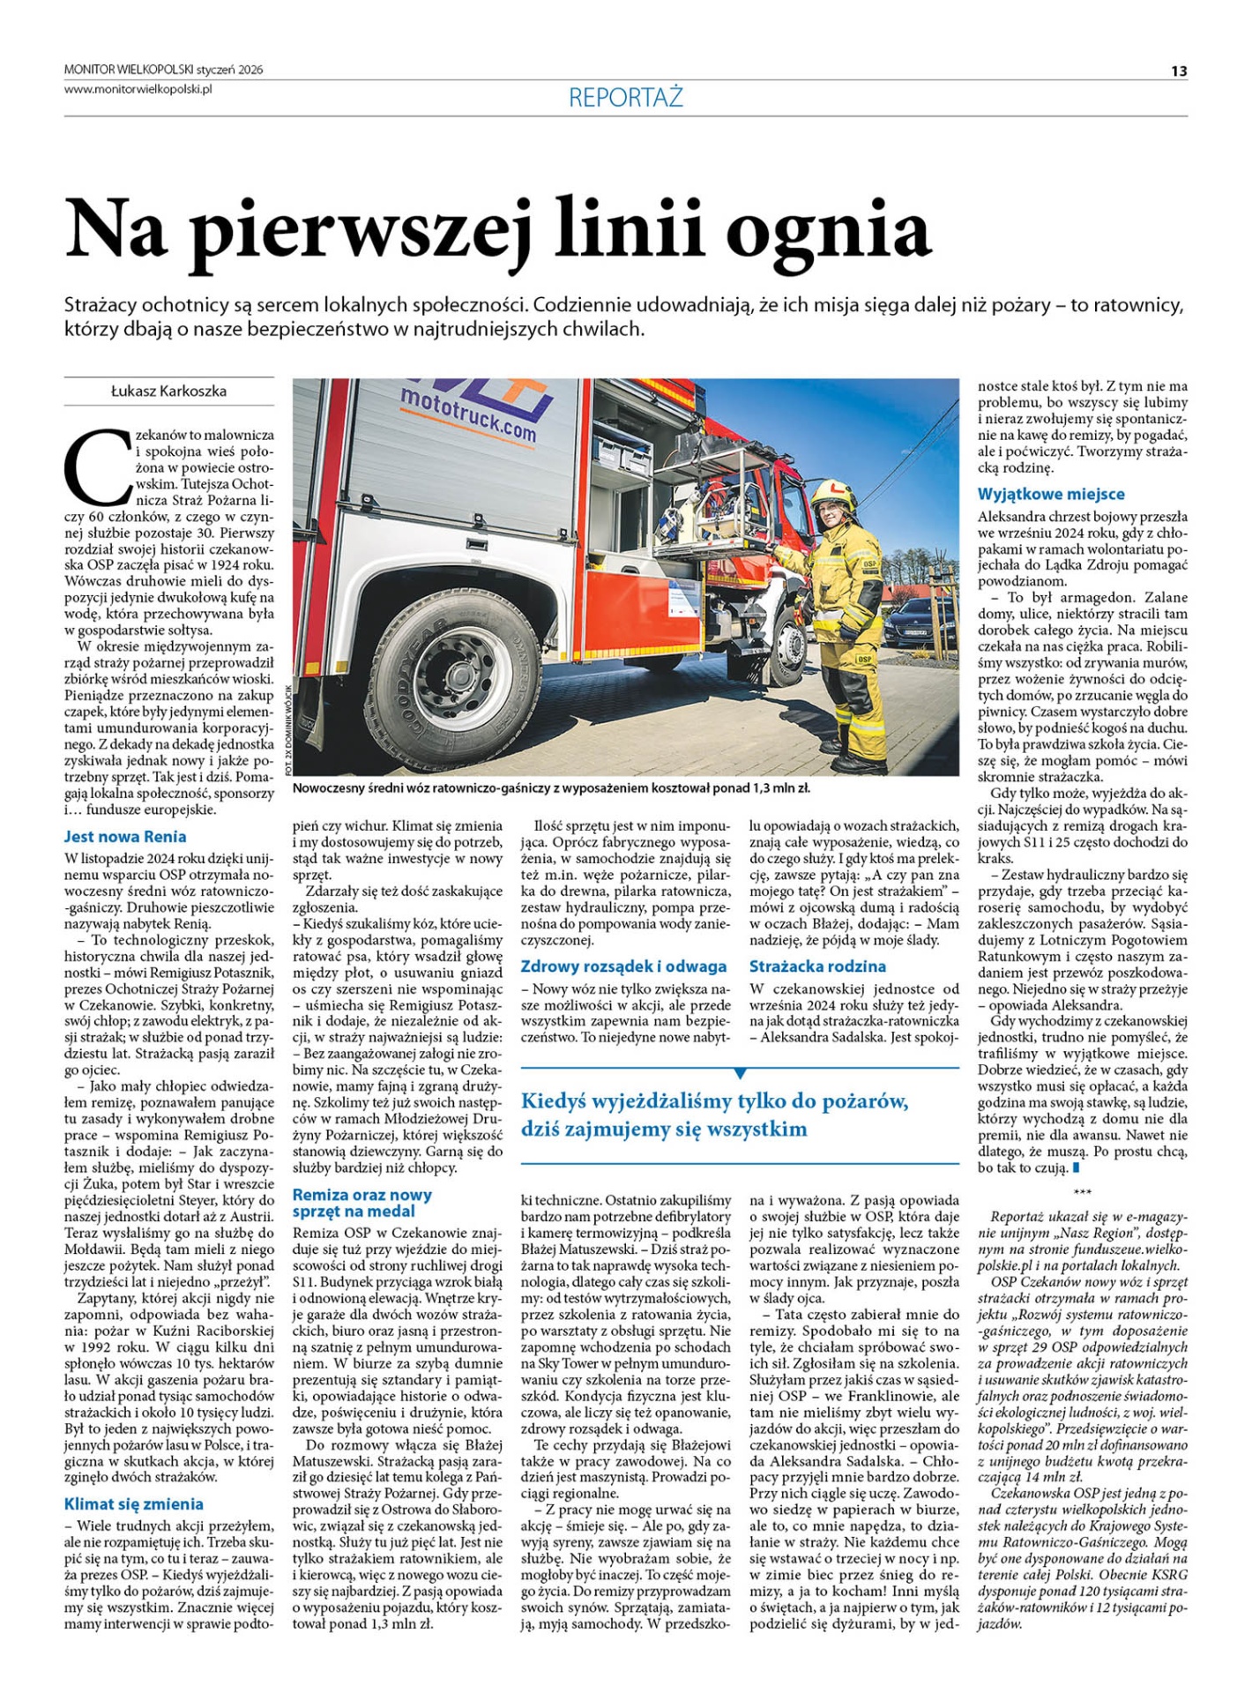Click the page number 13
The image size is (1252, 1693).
1179,71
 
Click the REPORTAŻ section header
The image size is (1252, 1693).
625,97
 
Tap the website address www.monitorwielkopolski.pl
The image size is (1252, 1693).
138,88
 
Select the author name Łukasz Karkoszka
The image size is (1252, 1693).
168,391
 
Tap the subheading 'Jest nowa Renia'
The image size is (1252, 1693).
125,836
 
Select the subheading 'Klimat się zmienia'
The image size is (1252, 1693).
133,1503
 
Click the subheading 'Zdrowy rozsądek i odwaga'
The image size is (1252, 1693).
623,966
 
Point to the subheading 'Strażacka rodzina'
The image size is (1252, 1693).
817,966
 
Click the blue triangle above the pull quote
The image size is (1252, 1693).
740,1073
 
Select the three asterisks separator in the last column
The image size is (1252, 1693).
1083,1193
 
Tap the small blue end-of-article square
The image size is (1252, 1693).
1076,1167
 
